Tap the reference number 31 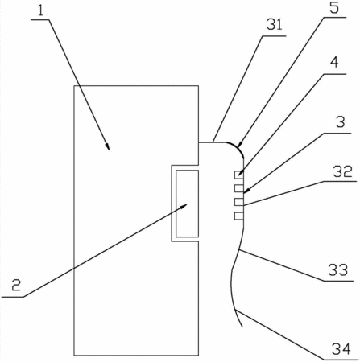coord(275,24)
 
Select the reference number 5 coord(334,7)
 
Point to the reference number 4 coord(334,63)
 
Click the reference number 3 coord(340,122)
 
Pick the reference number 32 coord(342,171)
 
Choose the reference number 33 coord(337,269)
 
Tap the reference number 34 coord(341,348)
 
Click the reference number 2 coord(16,286)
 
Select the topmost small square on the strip coord(238,175)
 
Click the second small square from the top coord(238,188)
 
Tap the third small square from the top coord(238,202)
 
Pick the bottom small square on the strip coord(238,216)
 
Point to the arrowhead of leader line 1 coord(108,147)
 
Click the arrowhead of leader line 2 coord(184,206)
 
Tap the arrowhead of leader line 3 coord(246,191)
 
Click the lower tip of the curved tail coord(242,327)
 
